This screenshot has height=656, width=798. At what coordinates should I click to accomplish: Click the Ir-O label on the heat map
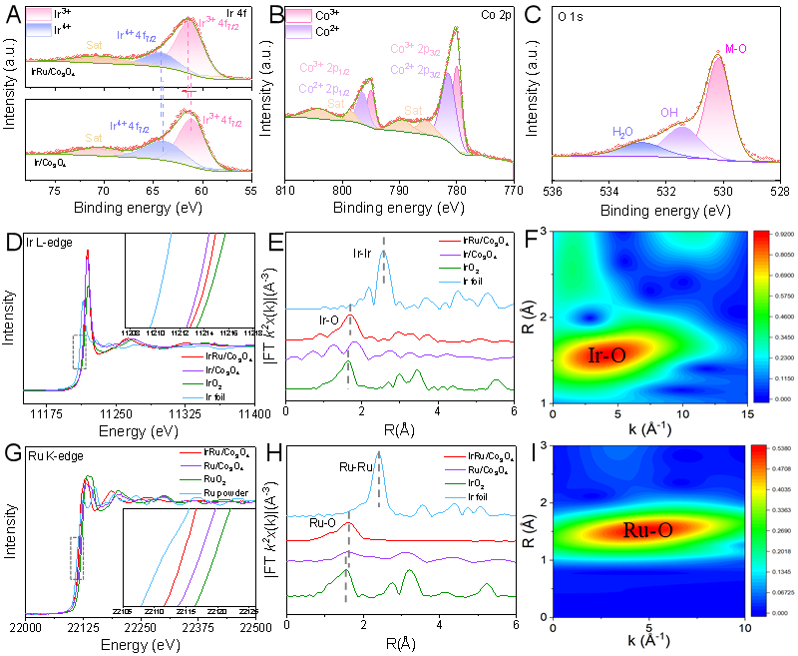pyautogui.click(x=607, y=354)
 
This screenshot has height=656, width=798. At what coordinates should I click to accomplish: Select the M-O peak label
pyautogui.click(x=735, y=49)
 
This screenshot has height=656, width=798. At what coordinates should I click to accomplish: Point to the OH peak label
pyautogui.click(x=668, y=113)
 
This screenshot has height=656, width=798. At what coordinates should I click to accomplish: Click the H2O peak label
pyautogui.click(x=622, y=131)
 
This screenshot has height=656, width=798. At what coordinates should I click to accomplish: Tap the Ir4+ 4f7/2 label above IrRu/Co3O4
pyautogui.click(x=139, y=34)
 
